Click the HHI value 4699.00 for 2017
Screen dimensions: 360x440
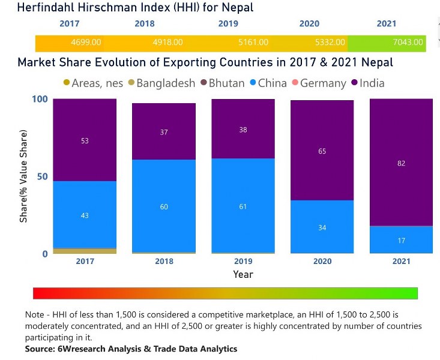(86, 43)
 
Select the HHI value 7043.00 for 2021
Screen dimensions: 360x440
(408, 43)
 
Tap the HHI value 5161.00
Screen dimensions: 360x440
(253, 43)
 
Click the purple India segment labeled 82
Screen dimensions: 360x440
(401, 162)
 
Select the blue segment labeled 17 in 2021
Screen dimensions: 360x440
(401, 239)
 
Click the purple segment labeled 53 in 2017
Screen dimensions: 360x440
(85, 140)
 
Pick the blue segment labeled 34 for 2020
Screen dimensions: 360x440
(322, 227)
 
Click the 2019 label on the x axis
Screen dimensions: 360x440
(243, 261)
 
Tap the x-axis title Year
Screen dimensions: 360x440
(243, 274)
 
